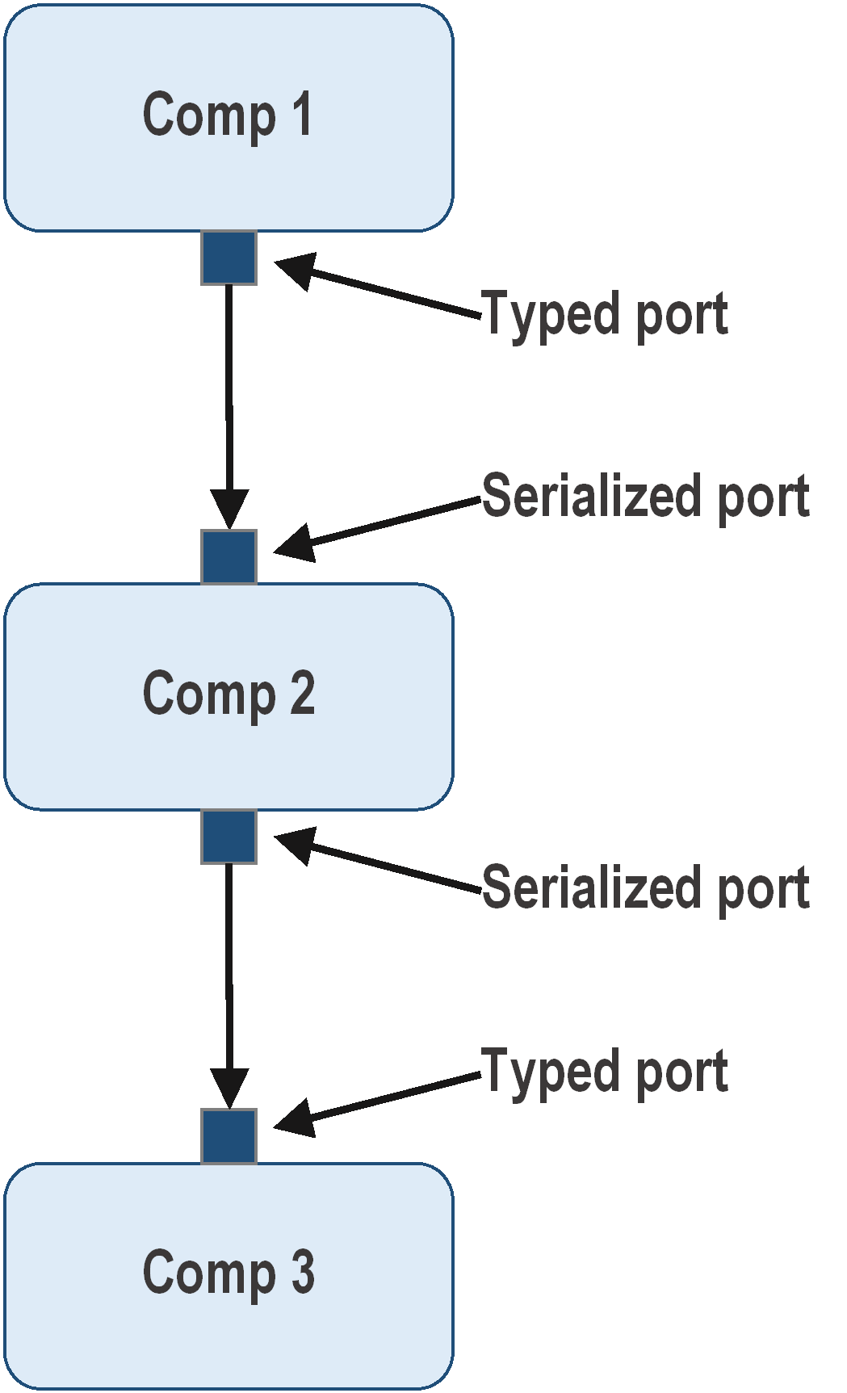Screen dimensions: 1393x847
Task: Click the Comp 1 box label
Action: pos(228,115)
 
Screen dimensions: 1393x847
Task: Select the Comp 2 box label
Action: pos(229,694)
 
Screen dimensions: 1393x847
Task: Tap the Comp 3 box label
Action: pos(229,1273)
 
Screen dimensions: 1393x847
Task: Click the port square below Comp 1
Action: pos(229,258)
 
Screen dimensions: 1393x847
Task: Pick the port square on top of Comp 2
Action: pos(229,556)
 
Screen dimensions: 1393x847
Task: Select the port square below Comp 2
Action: pos(229,837)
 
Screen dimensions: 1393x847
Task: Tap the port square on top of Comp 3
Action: pos(229,1135)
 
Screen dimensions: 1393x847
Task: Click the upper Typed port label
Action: pos(605,315)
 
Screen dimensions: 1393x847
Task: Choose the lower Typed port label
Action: pos(605,1072)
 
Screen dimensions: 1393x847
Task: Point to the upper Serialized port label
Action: pos(646,496)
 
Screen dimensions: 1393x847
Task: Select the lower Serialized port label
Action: pos(646,887)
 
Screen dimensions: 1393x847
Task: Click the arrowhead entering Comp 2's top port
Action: pos(229,510)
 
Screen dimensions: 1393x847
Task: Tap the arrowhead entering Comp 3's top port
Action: pos(229,1089)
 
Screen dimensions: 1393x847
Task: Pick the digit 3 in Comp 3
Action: pos(303,1273)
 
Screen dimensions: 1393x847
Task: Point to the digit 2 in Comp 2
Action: pos(303,693)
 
